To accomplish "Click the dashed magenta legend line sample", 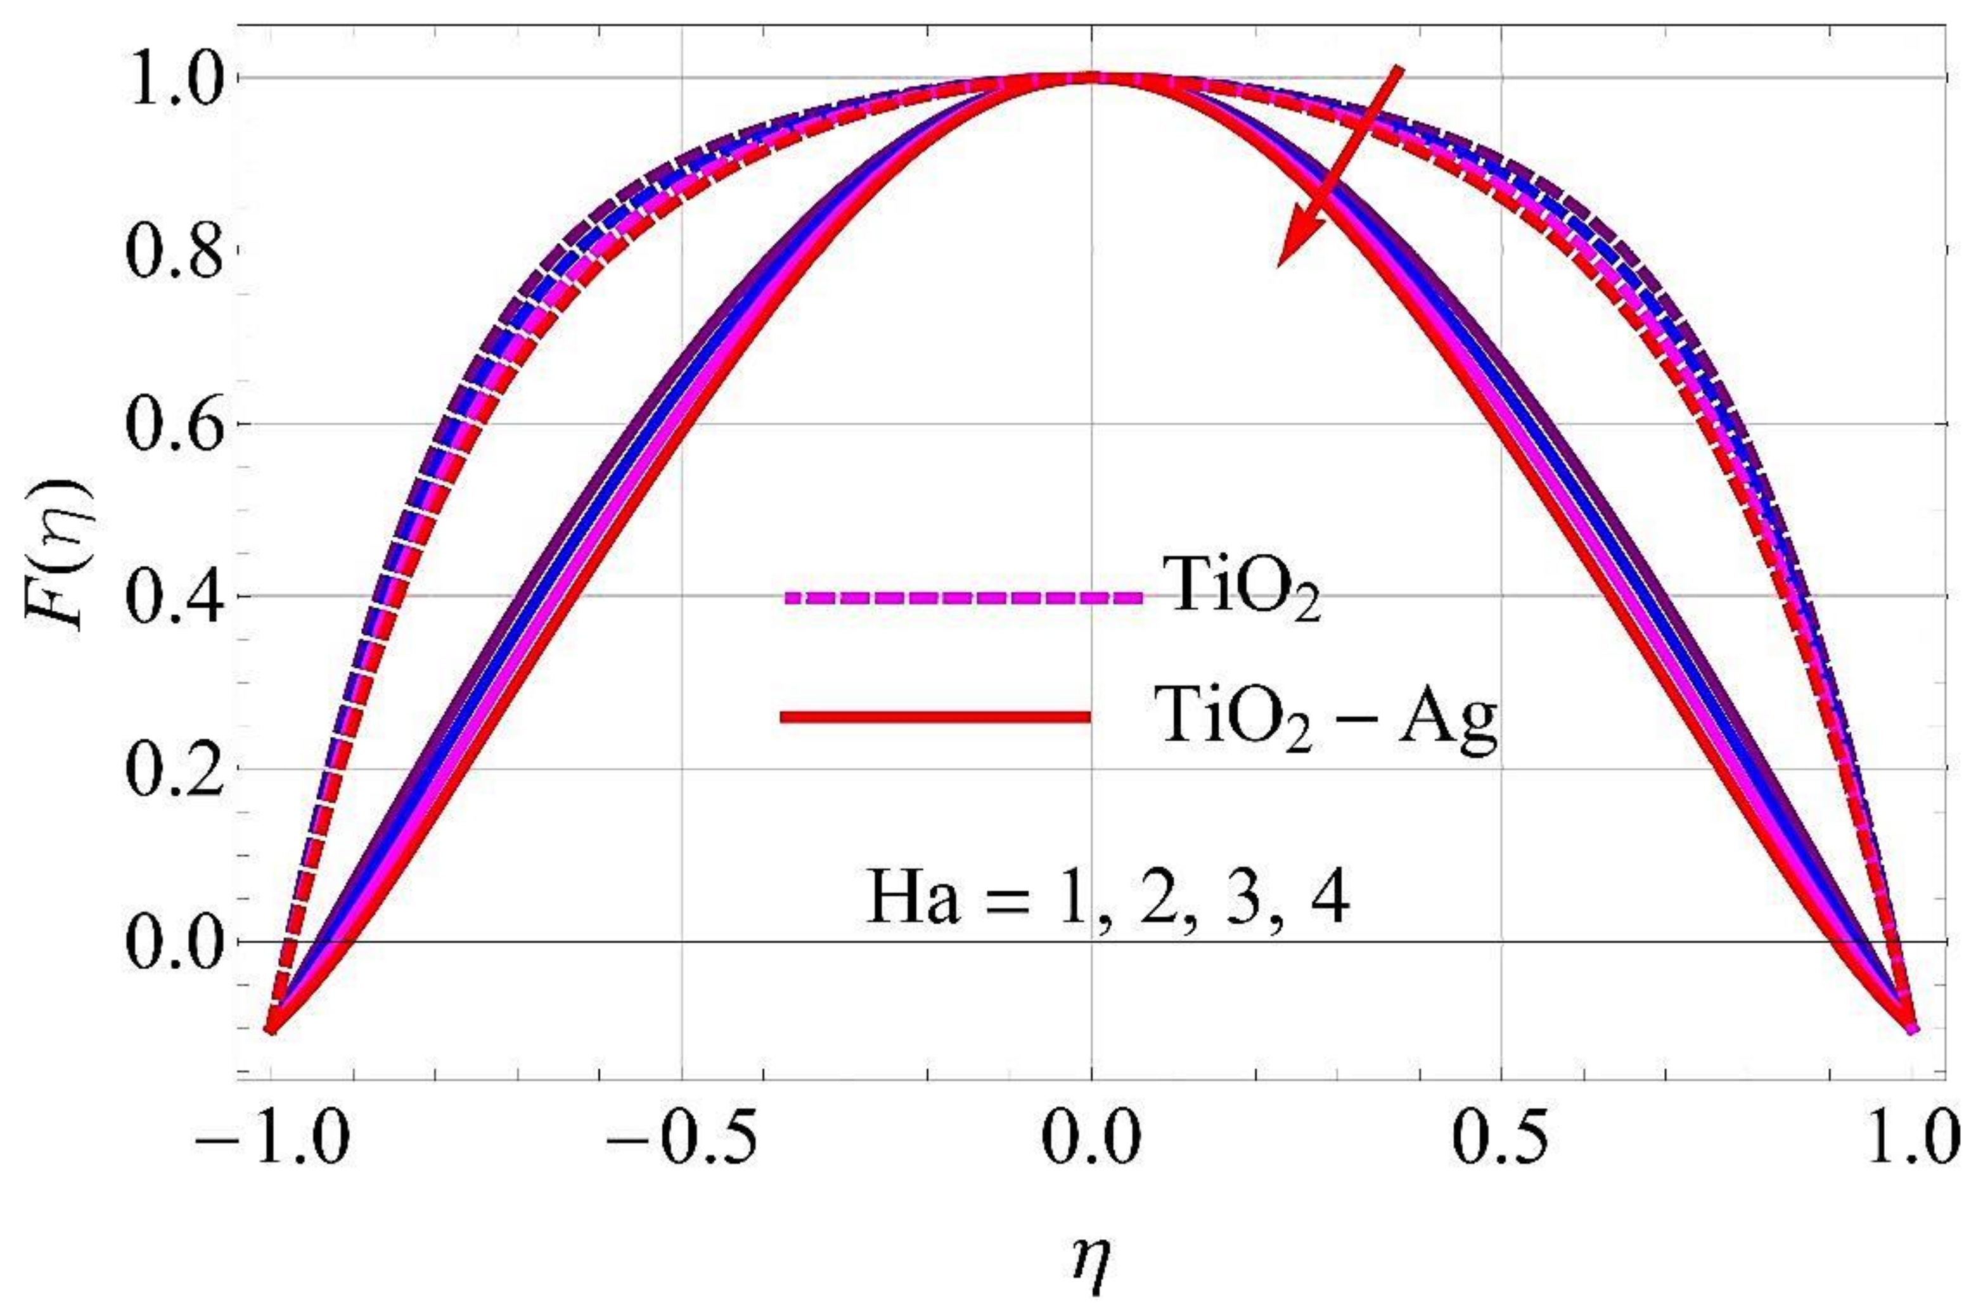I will (964, 597).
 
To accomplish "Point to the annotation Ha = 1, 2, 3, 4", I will (1107, 896).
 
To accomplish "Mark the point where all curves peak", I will (1091, 78).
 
